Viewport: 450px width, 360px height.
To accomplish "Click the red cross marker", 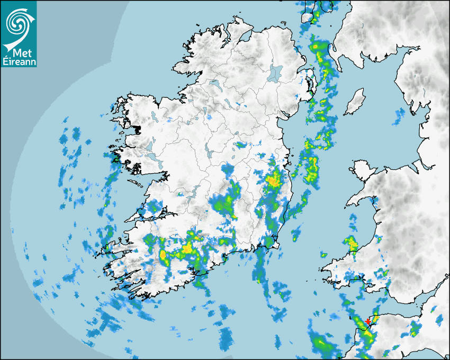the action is tap(368, 321).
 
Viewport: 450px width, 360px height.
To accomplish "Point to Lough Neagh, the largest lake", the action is tap(275, 73).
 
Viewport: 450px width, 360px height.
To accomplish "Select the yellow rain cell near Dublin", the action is tap(274, 181).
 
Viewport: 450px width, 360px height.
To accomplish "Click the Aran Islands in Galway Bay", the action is tap(136, 183).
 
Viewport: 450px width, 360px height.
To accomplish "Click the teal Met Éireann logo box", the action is tap(19, 34).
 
